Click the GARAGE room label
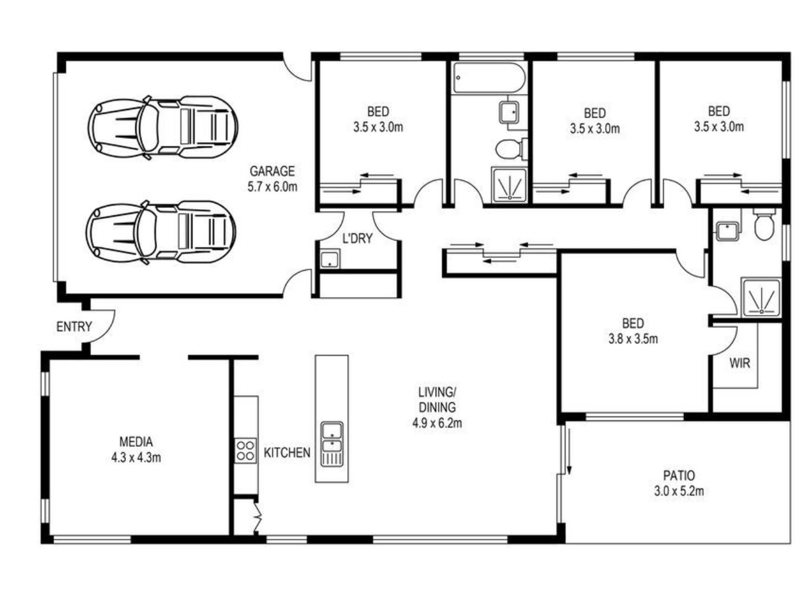coord(272,171)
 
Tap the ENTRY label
coord(74,327)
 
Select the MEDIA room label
coord(136,442)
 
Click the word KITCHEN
coord(287,453)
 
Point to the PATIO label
coord(679,476)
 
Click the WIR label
coord(740,363)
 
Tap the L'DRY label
coord(357,239)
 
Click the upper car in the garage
coord(163,127)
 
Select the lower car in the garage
coord(161,232)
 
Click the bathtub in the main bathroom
coord(489,78)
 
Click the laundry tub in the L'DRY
coord(330,259)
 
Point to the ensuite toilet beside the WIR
coord(764,224)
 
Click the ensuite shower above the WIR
coord(760,297)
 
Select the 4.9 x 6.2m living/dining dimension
coord(437,423)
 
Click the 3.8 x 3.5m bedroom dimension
coord(633,339)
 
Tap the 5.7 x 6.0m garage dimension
coord(272,187)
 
